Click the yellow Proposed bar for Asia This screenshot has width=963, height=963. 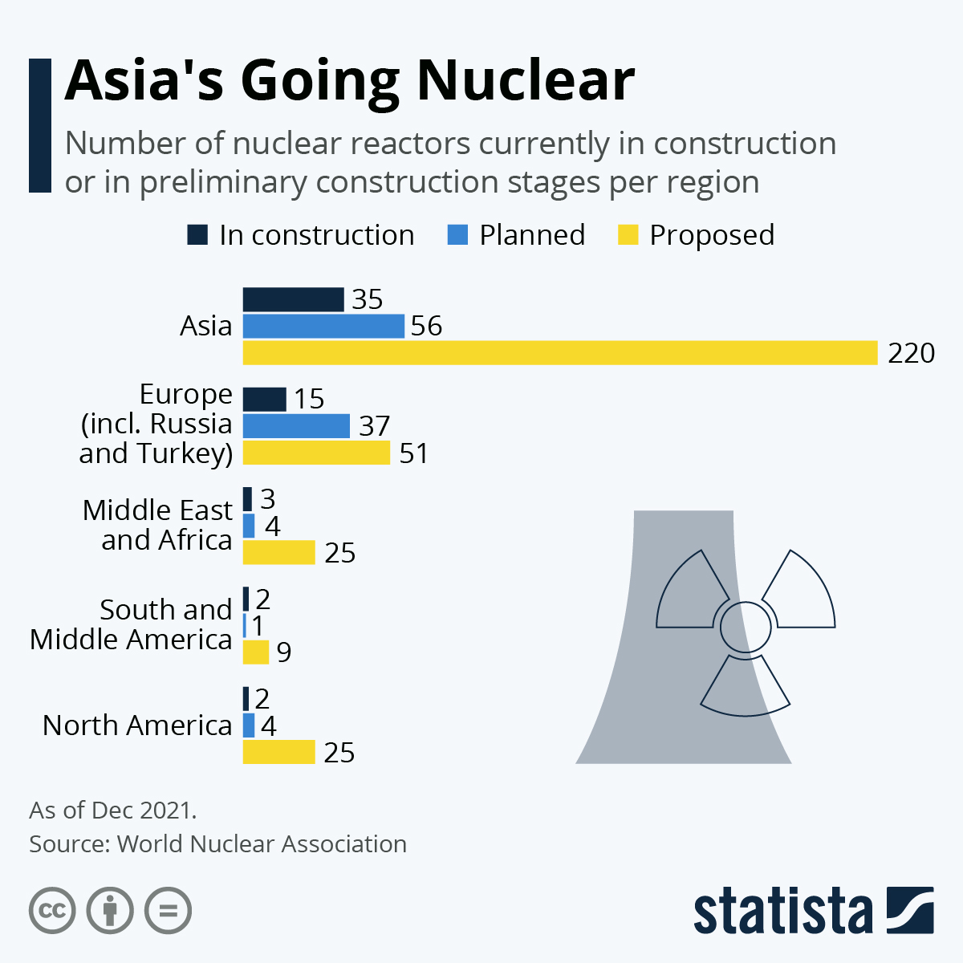pos(560,353)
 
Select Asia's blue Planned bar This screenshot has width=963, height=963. pos(323,326)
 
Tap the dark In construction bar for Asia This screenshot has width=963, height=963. pos(293,299)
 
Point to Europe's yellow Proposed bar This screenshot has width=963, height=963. pos(316,453)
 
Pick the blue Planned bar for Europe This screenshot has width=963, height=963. pos(296,425)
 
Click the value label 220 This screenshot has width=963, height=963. pos(911,353)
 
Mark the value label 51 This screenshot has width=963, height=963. pos(413,453)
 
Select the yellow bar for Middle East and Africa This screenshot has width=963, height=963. pos(278,552)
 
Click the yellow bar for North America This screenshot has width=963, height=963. pos(278,752)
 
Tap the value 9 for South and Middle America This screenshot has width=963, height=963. pos(284,652)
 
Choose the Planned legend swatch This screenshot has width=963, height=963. pos(457,235)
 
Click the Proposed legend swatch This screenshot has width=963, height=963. pos(628,235)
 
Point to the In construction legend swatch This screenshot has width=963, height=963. pos(197,235)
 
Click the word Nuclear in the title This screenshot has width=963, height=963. pos(526,80)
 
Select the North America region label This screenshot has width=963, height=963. pos(137,725)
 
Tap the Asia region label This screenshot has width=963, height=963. pos(206,326)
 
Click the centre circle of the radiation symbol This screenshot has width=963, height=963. pos(746,627)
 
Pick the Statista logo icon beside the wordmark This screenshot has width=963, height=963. pos(910,910)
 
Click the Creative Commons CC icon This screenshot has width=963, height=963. pos(52,911)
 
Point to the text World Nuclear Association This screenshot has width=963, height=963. pos(262,844)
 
